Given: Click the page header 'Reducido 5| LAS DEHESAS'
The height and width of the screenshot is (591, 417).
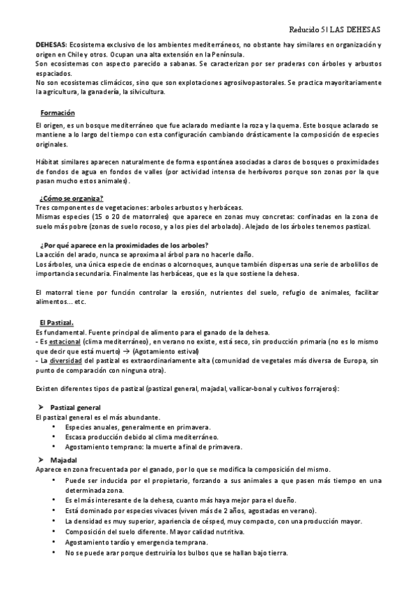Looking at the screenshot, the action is [x=334, y=31].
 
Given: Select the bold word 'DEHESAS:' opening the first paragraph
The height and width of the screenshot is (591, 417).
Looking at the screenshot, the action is [x=52, y=44].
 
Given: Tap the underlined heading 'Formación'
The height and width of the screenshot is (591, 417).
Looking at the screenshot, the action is [x=58, y=113].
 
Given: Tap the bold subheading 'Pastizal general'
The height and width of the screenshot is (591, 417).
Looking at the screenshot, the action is [x=76, y=407].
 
